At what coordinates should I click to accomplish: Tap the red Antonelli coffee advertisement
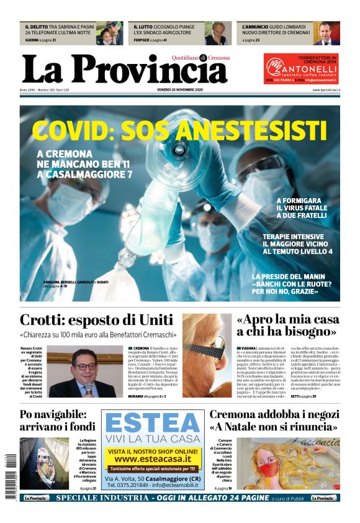[x=301, y=68]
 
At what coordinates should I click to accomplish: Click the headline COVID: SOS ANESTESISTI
[x=179, y=130]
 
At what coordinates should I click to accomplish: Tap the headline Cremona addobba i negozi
[x=274, y=421]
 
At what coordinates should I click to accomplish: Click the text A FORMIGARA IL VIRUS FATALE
[x=302, y=207]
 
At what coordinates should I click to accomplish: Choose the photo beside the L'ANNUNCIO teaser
[x=326, y=34]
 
